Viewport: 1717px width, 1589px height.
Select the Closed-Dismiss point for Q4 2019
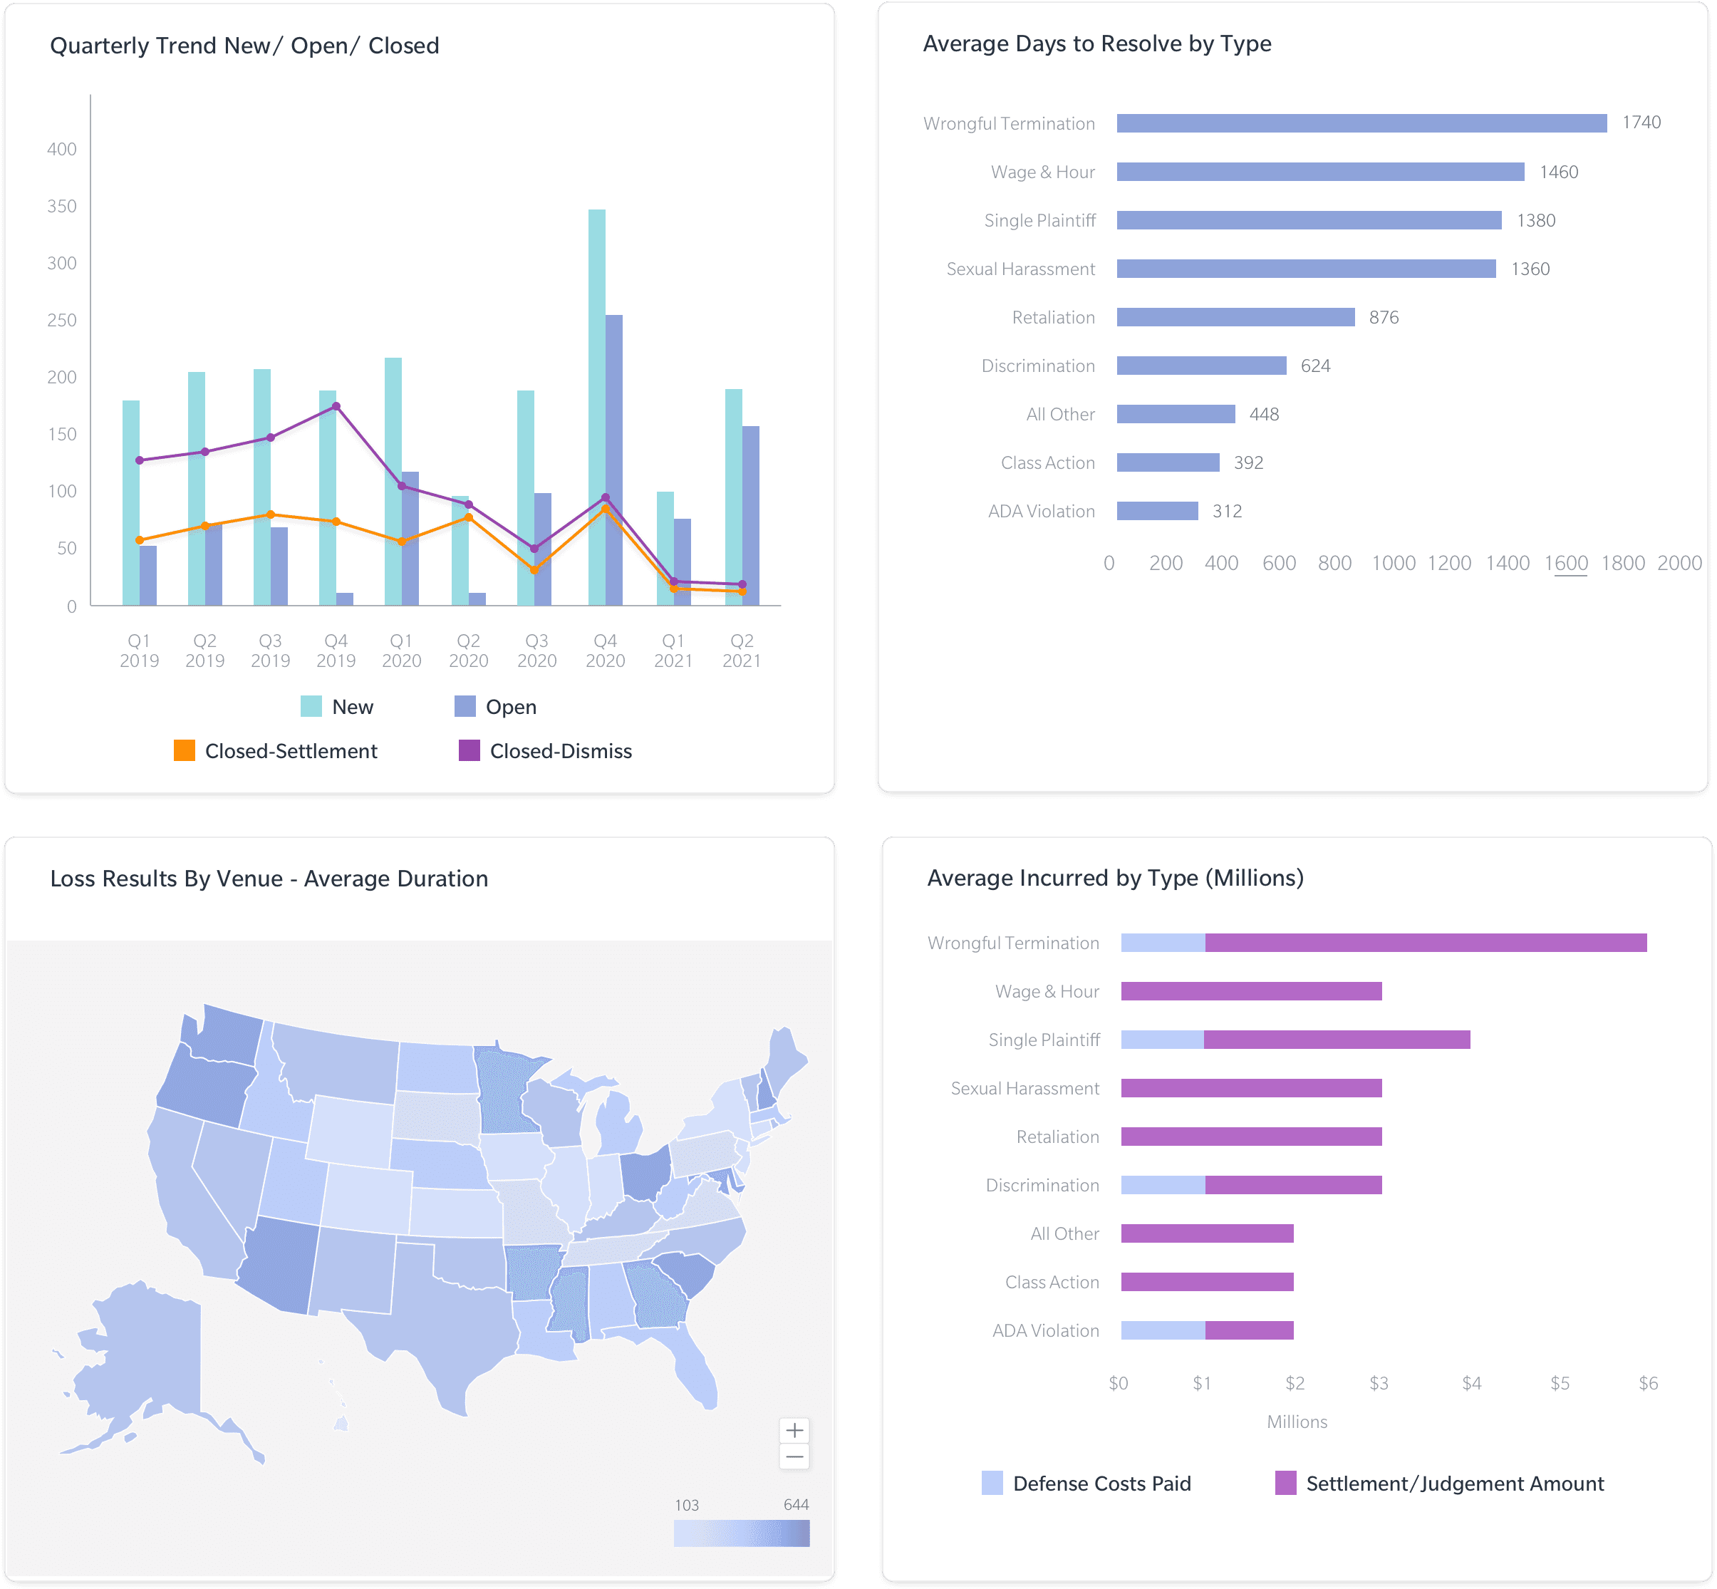click(x=336, y=407)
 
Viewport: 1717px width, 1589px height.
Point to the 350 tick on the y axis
click(x=62, y=207)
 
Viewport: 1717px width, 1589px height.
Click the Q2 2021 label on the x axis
click(x=741, y=651)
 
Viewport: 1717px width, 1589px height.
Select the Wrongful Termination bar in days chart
click(x=1361, y=123)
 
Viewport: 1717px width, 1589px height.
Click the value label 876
click(x=1384, y=317)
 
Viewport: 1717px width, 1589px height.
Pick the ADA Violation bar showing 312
click(x=1156, y=511)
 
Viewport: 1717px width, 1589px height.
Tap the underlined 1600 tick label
click(x=1566, y=563)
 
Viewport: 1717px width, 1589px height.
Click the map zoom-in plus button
click(x=794, y=1430)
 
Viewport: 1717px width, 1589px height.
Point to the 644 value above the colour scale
click(x=795, y=1504)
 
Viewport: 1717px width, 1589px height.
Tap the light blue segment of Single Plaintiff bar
click(x=1161, y=1040)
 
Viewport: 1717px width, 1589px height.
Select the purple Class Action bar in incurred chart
click(x=1206, y=1282)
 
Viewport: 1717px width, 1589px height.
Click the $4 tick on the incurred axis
click(x=1471, y=1382)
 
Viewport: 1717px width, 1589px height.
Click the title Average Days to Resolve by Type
click(x=1096, y=44)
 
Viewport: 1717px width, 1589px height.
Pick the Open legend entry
click(x=495, y=707)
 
